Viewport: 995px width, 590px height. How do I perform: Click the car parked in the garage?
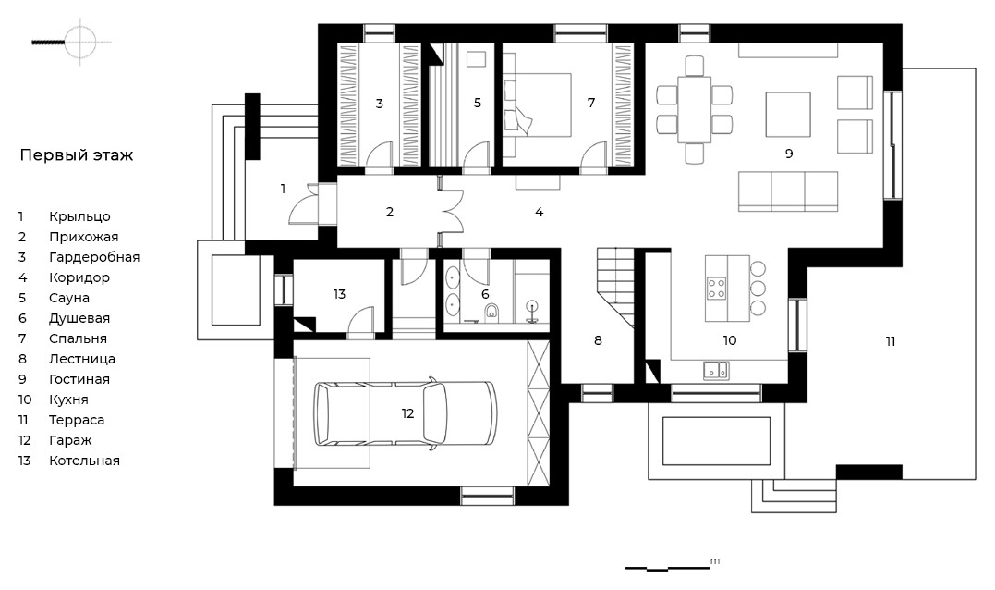tap(405, 414)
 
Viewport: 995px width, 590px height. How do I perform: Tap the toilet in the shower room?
tap(491, 312)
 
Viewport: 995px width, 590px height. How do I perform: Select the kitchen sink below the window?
tap(716, 370)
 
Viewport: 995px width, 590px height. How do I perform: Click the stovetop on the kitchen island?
tap(717, 288)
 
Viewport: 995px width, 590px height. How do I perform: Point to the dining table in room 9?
tap(694, 109)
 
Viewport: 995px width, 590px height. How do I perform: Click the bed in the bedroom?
tap(538, 104)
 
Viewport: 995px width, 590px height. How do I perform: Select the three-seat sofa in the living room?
tap(788, 191)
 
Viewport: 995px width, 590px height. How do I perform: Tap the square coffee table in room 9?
tap(788, 115)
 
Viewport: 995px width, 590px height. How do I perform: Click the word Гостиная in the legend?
tap(79, 379)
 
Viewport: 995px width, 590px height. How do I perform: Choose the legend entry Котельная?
tap(84, 461)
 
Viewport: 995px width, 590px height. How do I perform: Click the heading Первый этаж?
tap(77, 155)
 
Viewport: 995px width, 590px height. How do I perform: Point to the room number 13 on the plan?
tap(339, 294)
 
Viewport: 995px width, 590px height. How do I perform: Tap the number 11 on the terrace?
tap(891, 341)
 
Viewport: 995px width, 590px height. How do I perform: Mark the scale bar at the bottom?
tap(668, 568)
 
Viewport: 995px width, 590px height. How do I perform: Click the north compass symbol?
tap(80, 42)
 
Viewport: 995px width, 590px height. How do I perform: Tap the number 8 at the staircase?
tap(598, 340)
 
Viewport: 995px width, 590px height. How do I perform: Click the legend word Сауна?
tap(69, 298)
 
